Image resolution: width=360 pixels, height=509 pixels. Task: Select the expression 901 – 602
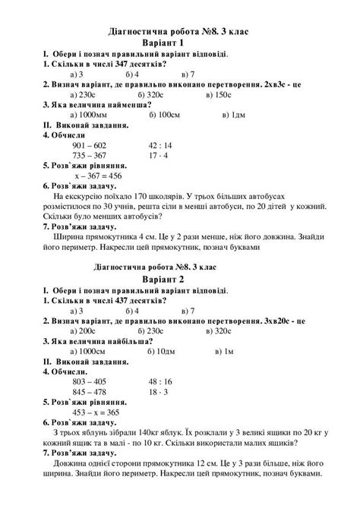(x=93, y=144)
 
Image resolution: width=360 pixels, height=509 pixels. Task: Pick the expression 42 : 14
(x=162, y=144)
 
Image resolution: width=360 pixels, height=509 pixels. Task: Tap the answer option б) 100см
(x=165, y=114)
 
